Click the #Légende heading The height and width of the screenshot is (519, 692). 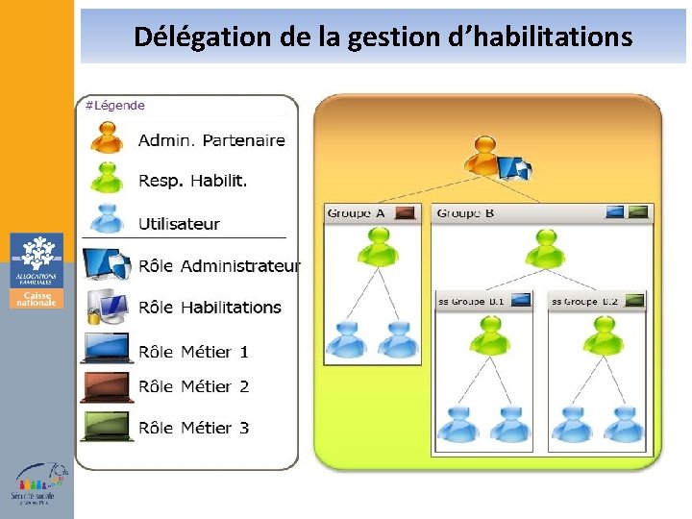click(x=116, y=105)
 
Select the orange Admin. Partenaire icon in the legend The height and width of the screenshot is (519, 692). click(x=107, y=138)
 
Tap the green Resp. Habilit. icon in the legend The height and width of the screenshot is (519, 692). click(x=107, y=179)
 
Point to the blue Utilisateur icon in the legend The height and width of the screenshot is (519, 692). click(x=107, y=219)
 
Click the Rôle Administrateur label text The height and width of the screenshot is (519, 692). click(x=219, y=265)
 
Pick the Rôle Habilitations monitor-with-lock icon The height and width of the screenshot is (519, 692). click(x=106, y=307)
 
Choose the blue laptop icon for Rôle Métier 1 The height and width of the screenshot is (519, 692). click(x=106, y=348)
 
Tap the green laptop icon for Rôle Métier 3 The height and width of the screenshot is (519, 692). click(x=106, y=427)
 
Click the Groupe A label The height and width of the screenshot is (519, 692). click(x=356, y=212)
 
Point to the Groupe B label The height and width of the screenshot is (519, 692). click(x=465, y=212)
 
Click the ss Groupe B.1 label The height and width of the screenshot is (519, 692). click(x=471, y=301)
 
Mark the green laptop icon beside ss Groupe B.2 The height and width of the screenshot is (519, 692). click(x=632, y=301)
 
